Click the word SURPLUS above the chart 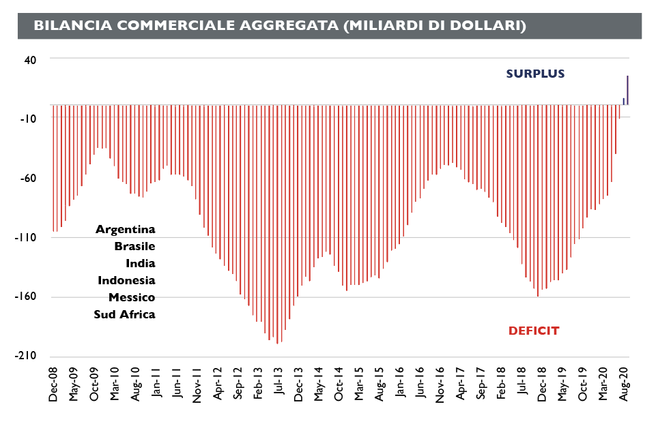tap(535, 74)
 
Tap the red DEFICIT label tap(534, 331)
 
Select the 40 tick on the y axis tap(31, 59)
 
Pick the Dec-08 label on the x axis tap(54, 384)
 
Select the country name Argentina tap(125, 229)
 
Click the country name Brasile tap(134, 246)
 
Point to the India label tap(140, 263)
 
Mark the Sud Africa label tap(124, 314)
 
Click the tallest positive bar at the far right tap(627, 90)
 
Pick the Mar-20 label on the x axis tap(603, 384)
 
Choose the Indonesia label tap(126, 280)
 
